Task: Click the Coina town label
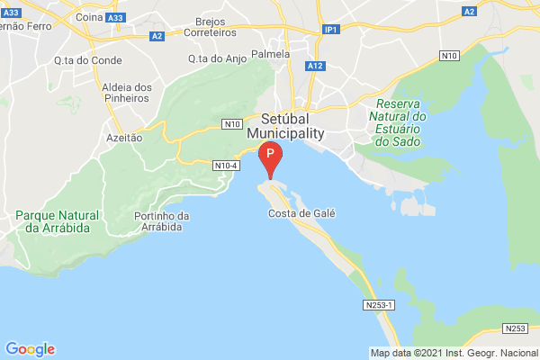click(63, 16)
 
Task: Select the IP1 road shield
click(331, 30)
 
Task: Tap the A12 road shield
click(314, 66)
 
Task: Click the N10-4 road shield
click(226, 166)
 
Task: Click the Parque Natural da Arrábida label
click(52, 221)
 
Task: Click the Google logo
click(30, 349)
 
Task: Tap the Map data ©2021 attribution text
click(454, 353)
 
